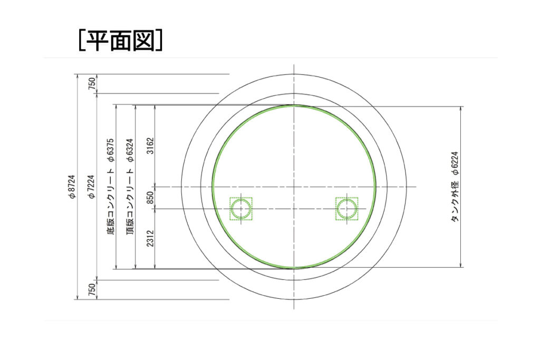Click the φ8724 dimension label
point(72,187)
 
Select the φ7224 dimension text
point(92,187)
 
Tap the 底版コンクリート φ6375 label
point(111,187)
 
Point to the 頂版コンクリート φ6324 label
point(130,187)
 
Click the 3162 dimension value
point(150,145)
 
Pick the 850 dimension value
point(150,198)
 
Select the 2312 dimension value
point(150,238)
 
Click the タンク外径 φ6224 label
point(455,187)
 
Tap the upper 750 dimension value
point(92,84)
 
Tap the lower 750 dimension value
point(92,290)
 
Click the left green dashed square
point(241,209)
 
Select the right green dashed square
point(347,209)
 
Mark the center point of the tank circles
point(294,187)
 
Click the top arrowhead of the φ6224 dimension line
point(461,109)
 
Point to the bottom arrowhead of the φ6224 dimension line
point(461,265)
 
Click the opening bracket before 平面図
point(81,41)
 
